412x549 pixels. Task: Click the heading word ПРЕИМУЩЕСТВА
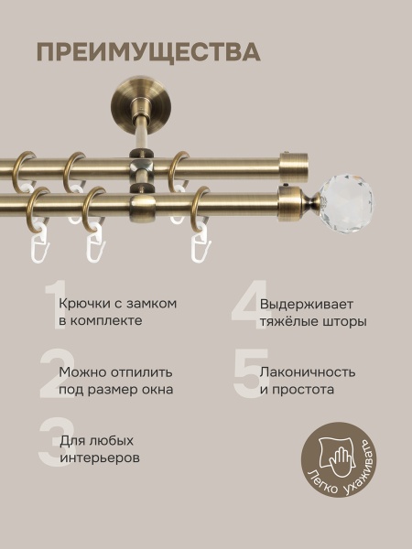[148, 50]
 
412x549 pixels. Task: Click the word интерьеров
[100, 457]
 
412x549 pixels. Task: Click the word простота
[304, 390]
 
